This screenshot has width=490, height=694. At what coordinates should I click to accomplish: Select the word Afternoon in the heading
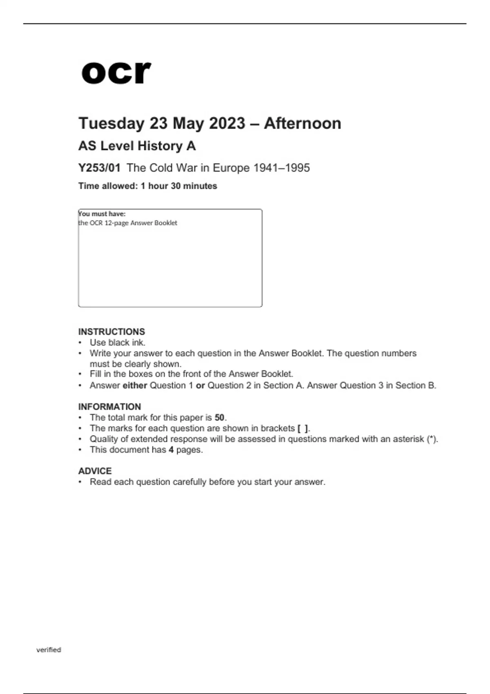tap(302, 123)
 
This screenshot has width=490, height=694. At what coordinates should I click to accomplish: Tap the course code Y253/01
tap(99, 168)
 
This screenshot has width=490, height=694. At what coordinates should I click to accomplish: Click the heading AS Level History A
tap(137, 146)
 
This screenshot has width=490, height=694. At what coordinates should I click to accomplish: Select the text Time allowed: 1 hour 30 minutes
tap(147, 186)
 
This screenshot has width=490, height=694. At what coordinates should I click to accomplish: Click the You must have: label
tap(102, 214)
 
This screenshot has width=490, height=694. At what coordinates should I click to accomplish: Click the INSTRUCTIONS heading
tap(111, 331)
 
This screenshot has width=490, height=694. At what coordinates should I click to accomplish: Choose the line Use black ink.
tap(118, 343)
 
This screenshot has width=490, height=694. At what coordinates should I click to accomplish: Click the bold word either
tap(135, 385)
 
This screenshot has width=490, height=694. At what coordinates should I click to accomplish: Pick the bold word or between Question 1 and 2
tap(200, 385)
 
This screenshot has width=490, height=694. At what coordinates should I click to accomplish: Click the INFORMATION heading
tap(109, 407)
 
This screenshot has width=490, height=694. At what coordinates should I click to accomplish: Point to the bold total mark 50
tap(220, 418)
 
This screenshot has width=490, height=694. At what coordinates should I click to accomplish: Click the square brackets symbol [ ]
tap(303, 428)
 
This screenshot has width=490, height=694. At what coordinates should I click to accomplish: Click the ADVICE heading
tap(95, 471)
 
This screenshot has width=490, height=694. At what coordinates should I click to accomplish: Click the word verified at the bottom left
tap(49, 650)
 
